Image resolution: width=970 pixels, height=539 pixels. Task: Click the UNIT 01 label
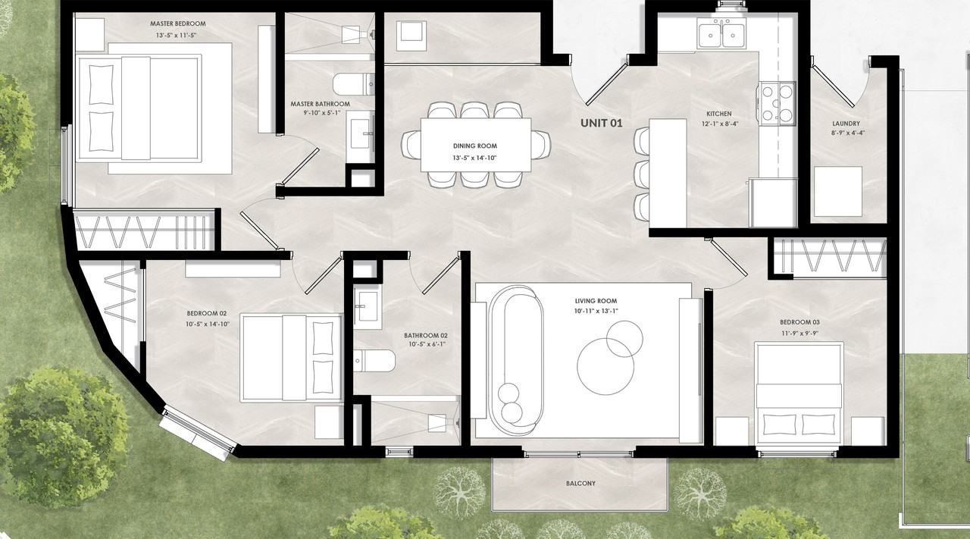click(x=601, y=123)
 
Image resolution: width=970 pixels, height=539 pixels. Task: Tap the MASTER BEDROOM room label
click(x=178, y=24)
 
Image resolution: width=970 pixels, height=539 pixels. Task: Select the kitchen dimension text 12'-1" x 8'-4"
click(x=719, y=124)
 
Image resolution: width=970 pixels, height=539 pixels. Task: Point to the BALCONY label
click(x=580, y=483)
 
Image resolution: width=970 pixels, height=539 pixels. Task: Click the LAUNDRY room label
click(x=846, y=124)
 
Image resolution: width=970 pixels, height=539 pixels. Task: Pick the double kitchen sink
click(x=721, y=34)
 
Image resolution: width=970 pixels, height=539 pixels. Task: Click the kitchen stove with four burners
click(x=776, y=104)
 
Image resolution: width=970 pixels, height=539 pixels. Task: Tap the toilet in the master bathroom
click(x=353, y=84)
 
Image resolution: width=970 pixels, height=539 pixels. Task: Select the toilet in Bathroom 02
click(x=374, y=361)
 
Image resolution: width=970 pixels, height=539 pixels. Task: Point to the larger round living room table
click(x=605, y=366)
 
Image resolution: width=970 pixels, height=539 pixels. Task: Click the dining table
click(x=476, y=145)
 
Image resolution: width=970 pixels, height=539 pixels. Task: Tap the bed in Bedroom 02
click(x=291, y=358)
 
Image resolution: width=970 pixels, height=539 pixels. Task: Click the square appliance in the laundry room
click(x=837, y=192)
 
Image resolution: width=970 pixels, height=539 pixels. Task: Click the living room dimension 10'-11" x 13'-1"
click(x=596, y=311)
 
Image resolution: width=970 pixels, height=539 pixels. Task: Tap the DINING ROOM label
click(x=475, y=146)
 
